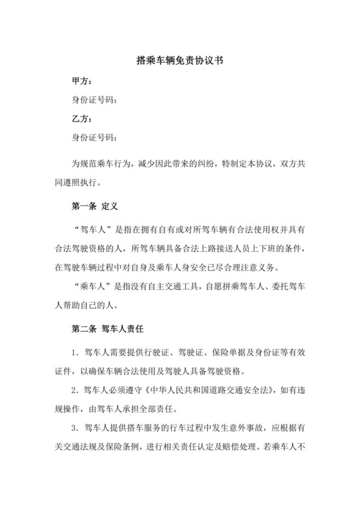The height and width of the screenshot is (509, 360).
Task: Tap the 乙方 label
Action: click(x=82, y=119)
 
